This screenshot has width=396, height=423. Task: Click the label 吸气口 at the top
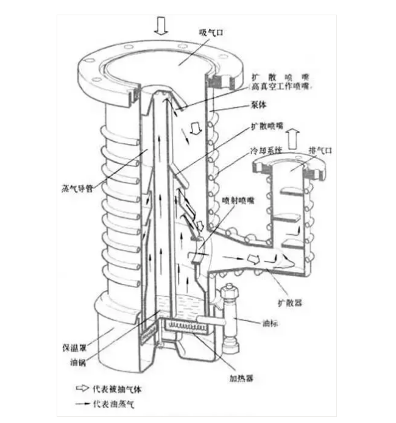pos(209,32)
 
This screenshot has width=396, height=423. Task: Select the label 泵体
pos(259,104)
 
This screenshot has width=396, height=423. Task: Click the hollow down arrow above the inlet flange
pos(161,24)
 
